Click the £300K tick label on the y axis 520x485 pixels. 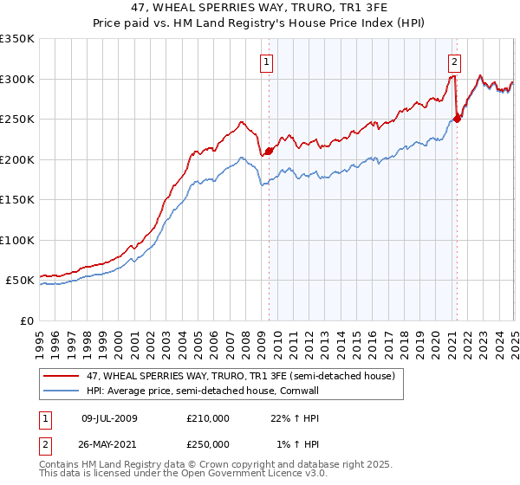[x=16, y=79]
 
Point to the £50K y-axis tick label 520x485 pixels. [x=19, y=281]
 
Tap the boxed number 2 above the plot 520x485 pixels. [x=454, y=61]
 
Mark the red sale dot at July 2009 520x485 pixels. [x=269, y=151]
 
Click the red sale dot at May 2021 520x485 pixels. [x=458, y=119]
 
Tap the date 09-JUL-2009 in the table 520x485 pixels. [x=108, y=418]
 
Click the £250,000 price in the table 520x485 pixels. [x=208, y=443]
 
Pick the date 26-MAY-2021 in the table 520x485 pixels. [x=109, y=443]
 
